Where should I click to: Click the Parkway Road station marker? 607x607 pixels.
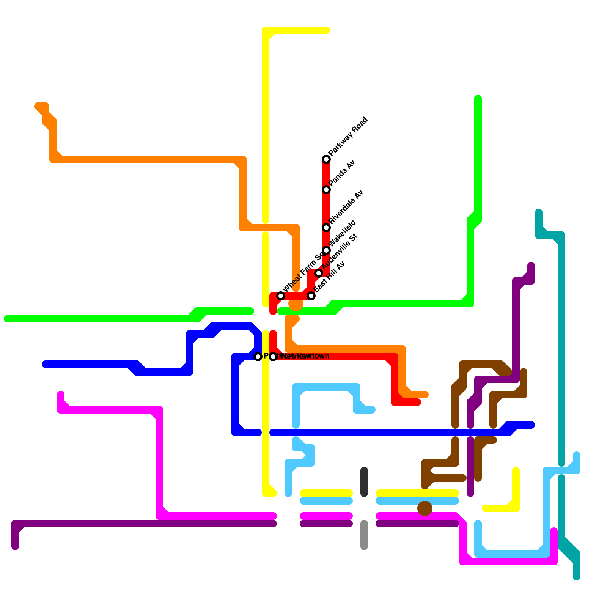(x=326, y=159)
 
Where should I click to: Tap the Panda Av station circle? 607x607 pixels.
(x=326, y=190)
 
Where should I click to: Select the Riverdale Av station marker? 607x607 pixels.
(x=326, y=228)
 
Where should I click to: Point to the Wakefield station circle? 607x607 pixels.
(x=326, y=250)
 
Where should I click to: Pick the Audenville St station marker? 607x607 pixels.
(x=319, y=273)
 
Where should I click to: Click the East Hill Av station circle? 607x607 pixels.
(x=311, y=296)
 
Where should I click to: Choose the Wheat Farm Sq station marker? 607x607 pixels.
(x=281, y=296)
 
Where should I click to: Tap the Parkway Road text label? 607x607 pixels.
(x=348, y=137)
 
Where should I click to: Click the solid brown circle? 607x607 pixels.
(x=425, y=508)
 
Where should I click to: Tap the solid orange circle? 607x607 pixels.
(x=296, y=303)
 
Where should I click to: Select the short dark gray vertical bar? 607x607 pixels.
(x=364, y=482)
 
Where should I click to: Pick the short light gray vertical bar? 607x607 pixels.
(x=364, y=535)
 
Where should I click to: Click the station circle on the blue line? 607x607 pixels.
(x=258, y=357)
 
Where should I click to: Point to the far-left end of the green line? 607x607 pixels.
(x=7, y=319)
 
